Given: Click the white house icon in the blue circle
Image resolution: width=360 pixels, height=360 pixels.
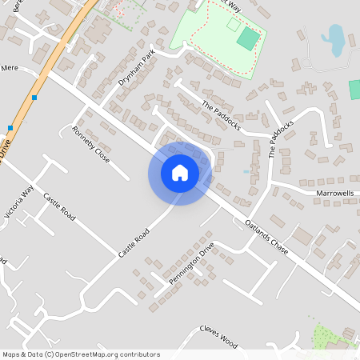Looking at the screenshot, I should point(180,173).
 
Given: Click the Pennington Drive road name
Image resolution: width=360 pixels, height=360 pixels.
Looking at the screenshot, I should point(191,263).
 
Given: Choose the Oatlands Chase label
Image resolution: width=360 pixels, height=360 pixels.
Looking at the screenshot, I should point(266,237).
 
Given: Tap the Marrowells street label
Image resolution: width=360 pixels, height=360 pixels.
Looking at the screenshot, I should point(334,194).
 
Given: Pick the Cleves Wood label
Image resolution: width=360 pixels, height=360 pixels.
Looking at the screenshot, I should point(219,336).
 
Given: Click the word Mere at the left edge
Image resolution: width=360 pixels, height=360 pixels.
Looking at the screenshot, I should point(10,69).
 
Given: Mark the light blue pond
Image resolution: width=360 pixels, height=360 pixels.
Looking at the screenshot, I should point(334,37).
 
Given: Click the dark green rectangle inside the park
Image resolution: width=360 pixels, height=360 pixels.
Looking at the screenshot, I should point(249,38).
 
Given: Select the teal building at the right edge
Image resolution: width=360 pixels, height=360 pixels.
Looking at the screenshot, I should point(354,89).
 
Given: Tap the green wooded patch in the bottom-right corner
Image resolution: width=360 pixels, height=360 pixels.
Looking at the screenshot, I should point(330,338).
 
